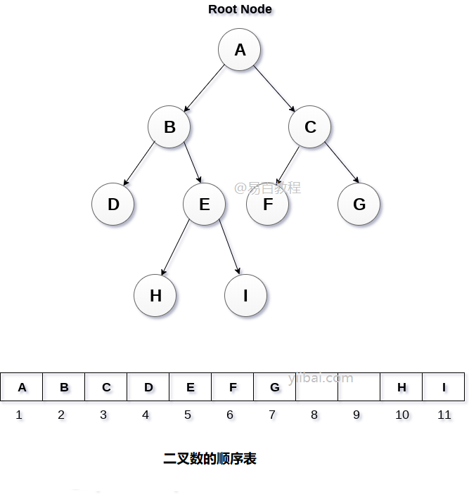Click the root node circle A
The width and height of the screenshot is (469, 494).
click(240, 50)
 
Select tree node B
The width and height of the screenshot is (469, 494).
click(169, 127)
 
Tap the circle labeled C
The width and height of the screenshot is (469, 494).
click(310, 127)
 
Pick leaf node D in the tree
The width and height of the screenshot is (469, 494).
click(113, 204)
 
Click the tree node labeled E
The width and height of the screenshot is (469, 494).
click(205, 204)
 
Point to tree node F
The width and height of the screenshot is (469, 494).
click(268, 204)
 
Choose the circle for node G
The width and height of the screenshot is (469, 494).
click(359, 204)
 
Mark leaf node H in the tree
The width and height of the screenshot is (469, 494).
click(155, 296)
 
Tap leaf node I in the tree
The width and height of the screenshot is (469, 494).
click(245, 296)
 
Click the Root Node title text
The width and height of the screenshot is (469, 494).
click(240, 9)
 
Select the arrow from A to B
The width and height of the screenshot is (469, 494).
click(204, 89)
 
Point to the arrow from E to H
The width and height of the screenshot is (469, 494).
click(176, 247)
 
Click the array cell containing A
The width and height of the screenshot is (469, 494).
click(22, 387)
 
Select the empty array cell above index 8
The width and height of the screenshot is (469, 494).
click(316, 387)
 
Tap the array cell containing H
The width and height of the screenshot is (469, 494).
click(401, 387)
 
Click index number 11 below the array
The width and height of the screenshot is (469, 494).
click(444, 415)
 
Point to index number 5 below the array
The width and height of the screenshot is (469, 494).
click(188, 415)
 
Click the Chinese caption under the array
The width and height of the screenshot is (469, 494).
click(210, 459)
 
